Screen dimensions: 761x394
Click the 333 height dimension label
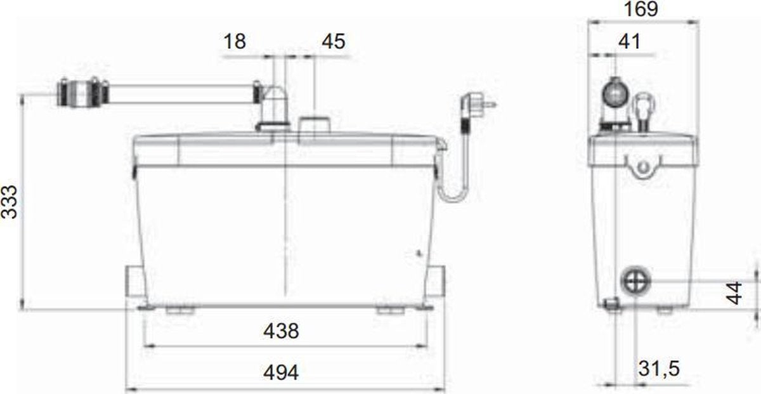pyautogui.click(x=9, y=202)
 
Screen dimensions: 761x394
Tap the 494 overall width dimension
pyautogui.click(x=281, y=372)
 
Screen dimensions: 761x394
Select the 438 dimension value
pyautogui.click(x=281, y=331)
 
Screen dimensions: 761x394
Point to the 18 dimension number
pyautogui.click(x=235, y=41)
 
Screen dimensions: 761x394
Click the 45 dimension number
pyautogui.click(x=334, y=41)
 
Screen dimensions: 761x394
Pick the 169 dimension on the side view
pyautogui.click(x=641, y=9)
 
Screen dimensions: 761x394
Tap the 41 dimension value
pyautogui.click(x=630, y=41)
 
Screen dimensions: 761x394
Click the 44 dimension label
pyautogui.click(x=734, y=292)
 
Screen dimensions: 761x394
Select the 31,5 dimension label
pyautogui.click(x=659, y=369)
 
